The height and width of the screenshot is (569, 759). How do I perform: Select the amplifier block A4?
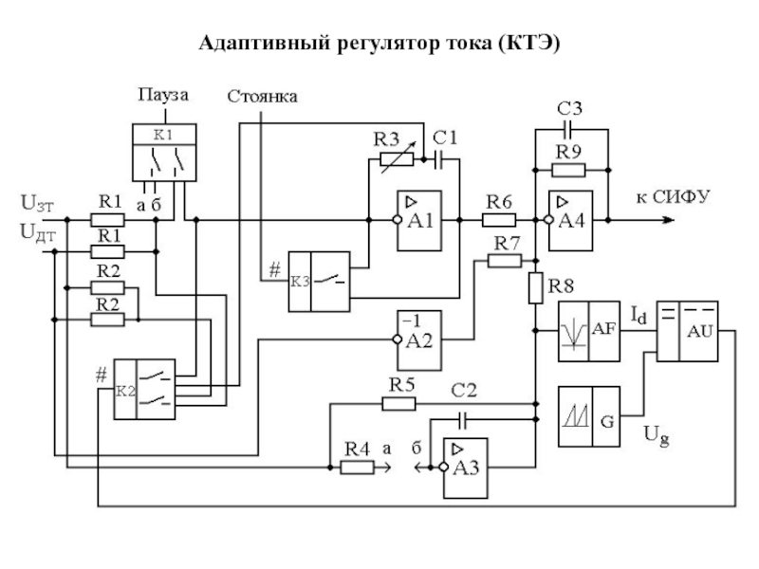569,220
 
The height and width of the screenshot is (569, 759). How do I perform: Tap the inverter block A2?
417,339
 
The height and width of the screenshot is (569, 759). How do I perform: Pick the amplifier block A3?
463,466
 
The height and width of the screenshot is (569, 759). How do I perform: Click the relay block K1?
163,152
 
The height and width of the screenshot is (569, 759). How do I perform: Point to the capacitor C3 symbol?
568,126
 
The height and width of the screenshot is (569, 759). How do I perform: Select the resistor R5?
399,403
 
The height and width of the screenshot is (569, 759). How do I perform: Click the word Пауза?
163,94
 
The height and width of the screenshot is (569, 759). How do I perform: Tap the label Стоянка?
263,96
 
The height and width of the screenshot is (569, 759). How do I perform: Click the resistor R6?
498,220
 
